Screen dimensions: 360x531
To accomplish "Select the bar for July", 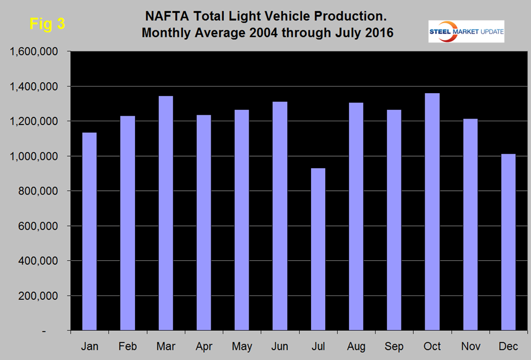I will point(318,249).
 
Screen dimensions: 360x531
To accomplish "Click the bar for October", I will point(432,212).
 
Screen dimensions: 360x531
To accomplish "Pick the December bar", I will point(508,242).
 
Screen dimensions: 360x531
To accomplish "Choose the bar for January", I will point(89,232).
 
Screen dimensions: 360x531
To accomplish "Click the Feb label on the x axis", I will point(127,346).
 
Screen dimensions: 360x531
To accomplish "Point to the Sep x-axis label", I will point(394,346).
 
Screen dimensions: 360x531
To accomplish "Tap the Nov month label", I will point(470,346).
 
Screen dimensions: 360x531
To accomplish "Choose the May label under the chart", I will point(242,346).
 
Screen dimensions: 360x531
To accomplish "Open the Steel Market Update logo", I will point(466,31).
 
